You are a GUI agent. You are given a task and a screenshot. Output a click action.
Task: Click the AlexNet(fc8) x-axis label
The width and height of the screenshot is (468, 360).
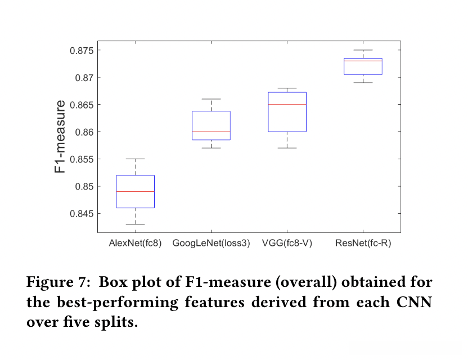(x=135, y=244)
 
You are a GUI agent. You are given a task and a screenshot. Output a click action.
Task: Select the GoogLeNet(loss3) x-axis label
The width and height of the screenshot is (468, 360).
(x=211, y=244)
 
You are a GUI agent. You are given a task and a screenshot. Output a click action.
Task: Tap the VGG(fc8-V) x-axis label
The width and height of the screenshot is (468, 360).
(x=287, y=244)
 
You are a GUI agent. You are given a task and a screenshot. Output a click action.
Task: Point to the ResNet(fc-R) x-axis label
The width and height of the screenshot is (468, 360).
(x=363, y=244)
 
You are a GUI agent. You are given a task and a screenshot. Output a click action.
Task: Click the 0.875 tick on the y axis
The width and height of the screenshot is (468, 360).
(x=81, y=50)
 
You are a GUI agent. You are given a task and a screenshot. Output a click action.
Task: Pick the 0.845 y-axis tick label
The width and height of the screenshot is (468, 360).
(x=81, y=214)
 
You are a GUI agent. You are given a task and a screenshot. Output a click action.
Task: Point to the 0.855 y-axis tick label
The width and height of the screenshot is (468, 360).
(x=81, y=159)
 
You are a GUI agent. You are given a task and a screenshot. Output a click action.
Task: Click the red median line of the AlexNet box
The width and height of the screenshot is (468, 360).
(x=135, y=191)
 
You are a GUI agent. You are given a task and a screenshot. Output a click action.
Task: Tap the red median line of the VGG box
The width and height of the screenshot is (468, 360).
(x=287, y=105)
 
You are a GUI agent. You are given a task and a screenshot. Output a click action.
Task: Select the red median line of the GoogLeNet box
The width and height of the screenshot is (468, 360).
(x=211, y=132)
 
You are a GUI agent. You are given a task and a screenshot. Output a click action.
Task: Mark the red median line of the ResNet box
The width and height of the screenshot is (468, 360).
(x=363, y=61)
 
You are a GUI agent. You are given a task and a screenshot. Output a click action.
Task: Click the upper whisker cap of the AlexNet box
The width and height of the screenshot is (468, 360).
(x=135, y=159)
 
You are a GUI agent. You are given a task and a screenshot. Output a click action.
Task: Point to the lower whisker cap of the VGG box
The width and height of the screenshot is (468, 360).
(x=287, y=148)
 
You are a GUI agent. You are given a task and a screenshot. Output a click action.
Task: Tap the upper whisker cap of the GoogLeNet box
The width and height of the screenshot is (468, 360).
(x=211, y=99)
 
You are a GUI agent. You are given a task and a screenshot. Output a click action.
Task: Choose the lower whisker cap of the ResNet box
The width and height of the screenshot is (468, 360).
(x=363, y=83)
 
